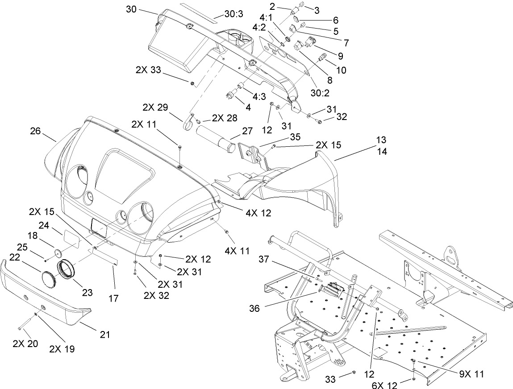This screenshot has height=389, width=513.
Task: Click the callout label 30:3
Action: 234,14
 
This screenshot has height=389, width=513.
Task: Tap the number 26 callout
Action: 35,131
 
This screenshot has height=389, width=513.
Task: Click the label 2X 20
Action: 26,343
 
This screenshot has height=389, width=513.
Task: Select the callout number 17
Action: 113,298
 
